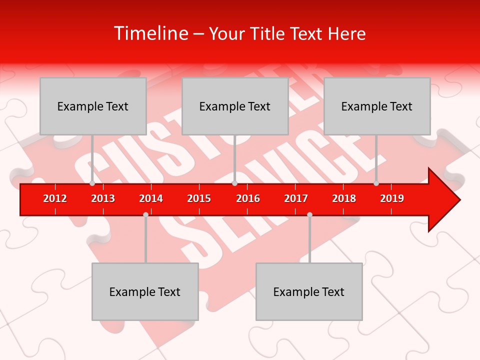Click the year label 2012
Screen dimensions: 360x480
55,198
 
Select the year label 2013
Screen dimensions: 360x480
103,198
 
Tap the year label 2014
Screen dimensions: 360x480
151,198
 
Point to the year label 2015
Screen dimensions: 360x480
199,198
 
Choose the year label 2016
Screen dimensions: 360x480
248,198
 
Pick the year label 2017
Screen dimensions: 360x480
296,198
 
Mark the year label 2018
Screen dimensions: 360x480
344,198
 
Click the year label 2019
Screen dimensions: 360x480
392,198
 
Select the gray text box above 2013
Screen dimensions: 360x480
93,106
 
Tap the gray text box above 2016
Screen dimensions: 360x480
235,106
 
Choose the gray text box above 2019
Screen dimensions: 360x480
377,106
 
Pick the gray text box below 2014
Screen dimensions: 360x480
145,291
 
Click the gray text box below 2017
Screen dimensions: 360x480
309,291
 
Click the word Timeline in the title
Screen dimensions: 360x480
149,33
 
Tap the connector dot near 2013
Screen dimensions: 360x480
92,183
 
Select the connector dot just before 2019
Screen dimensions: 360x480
376,183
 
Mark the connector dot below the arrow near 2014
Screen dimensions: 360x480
145,214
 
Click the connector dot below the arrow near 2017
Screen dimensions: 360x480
309,214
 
